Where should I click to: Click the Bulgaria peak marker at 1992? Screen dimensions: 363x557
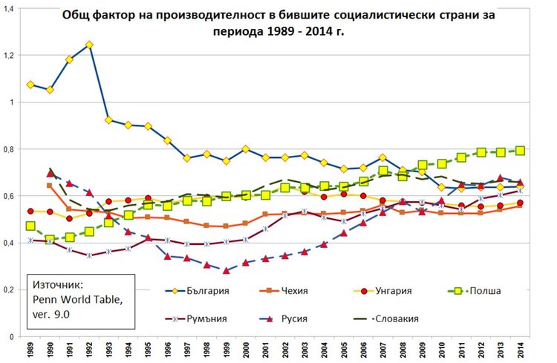tap(89, 45)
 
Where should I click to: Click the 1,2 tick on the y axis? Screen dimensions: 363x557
tap(10, 56)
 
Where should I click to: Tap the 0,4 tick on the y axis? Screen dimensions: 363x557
tap(10, 243)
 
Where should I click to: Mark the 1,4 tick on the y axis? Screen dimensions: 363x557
tap(10, 8)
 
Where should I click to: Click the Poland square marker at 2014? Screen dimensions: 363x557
tap(519, 151)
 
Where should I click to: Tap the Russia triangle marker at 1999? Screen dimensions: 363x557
tap(226, 270)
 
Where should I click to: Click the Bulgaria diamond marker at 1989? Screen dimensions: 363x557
tap(30, 85)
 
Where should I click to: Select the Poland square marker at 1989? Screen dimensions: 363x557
tap(30, 226)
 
